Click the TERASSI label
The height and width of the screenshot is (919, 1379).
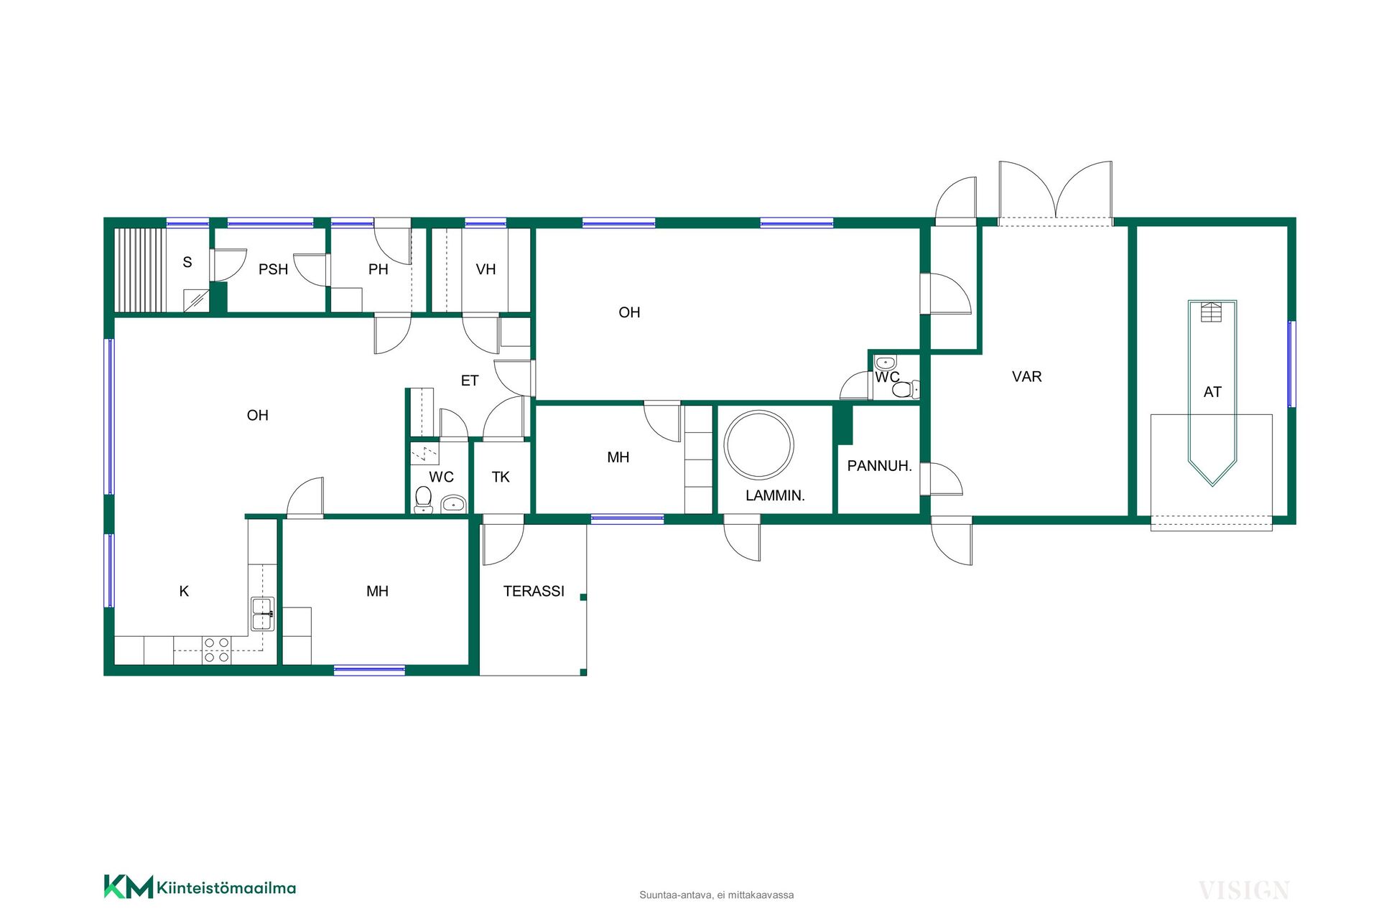click(x=534, y=591)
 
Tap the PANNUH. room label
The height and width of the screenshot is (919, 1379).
click(x=879, y=466)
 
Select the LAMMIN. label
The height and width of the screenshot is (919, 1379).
click(x=775, y=495)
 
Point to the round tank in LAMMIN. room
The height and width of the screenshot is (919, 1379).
click(x=758, y=445)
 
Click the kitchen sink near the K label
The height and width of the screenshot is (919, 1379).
click(x=262, y=614)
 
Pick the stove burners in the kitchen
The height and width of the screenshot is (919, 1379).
click(x=216, y=650)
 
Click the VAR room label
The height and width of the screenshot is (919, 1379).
click(x=1026, y=377)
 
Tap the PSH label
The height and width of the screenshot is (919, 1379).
click(x=273, y=269)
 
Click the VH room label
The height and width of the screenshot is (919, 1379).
click(x=486, y=269)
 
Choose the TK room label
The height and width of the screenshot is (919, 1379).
click(x=501, y=477)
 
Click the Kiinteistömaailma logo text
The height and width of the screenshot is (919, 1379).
click(x=226, y=888)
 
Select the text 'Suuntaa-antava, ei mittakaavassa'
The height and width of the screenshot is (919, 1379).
click(x=717, y=895)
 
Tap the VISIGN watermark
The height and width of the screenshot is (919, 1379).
click(x=1244, y=891)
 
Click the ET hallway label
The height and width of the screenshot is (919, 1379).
click(x=470, y=381)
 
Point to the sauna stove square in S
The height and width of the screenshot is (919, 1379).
click(x=196, y=300)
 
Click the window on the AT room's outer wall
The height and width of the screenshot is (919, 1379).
click(x=1291, y=364)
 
